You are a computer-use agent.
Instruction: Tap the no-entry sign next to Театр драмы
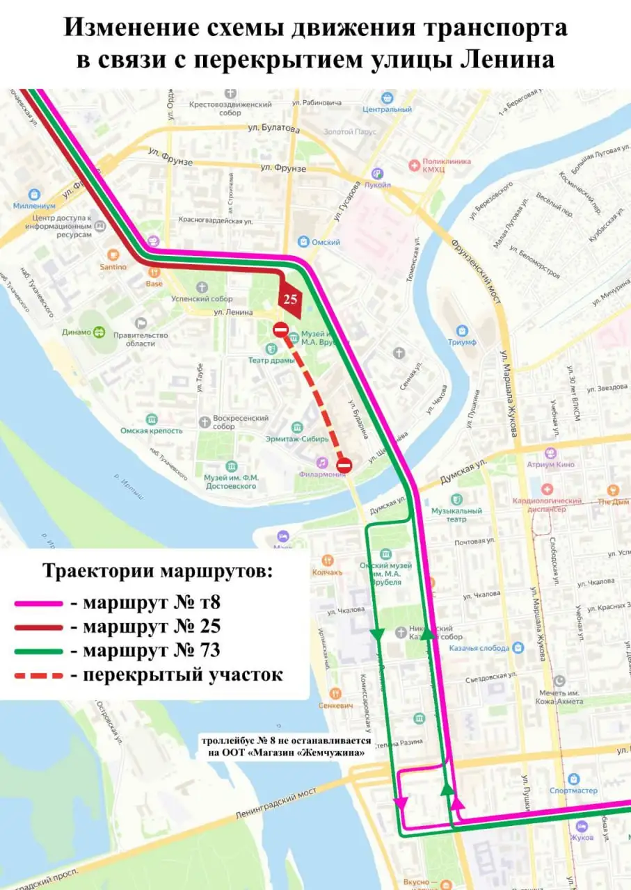[x=280, y=330]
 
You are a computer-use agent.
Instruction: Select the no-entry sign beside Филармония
[x=344, y=465]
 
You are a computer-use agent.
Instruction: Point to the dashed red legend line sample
[x=38, y=675]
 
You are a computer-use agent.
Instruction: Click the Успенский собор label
[x=202, y=298]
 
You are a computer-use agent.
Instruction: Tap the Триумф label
[x=462, y=342]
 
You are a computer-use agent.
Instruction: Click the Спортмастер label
[x=573, y=791]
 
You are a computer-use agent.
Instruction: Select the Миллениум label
[x=34, y=205]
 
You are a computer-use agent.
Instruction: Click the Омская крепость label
[x=151, y=430]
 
